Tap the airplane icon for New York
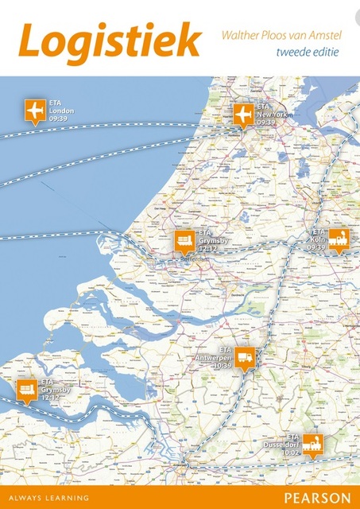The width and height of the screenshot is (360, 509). pyautogui.click(x=242, y=115)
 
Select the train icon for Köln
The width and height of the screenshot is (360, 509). pyautogui.click(x=339, y=237)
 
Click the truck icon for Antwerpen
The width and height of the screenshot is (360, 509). pyautogui.click(x=246, y=359)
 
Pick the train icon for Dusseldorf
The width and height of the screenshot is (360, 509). pyautogui.click(x=312, y=444)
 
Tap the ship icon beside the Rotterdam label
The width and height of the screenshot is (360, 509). pyautogui.click(x=184, y=239)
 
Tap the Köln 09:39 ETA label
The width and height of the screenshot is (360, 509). pyautogui.click(x=317, y=239)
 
